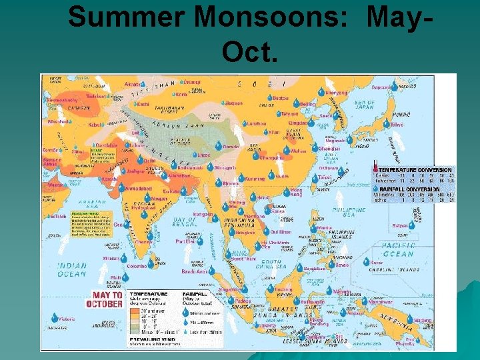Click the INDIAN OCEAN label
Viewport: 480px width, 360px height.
pos(71,269)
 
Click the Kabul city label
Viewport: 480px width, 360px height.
pos(96,125)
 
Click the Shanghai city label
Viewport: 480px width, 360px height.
pos(330,149)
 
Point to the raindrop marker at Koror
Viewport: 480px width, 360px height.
pos(366,262)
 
